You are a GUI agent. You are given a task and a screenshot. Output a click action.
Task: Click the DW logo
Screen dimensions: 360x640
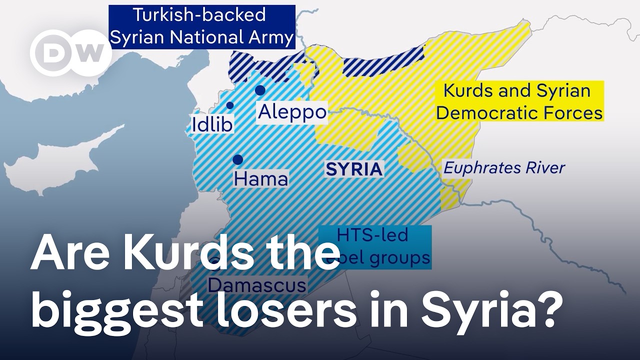pos(70,53)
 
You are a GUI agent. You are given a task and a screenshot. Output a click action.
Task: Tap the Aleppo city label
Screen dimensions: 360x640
pos(292,112)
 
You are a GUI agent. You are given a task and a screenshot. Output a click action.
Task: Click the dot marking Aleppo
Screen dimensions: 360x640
pos(260,90)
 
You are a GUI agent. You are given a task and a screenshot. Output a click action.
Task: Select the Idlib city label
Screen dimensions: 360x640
pos(212,124)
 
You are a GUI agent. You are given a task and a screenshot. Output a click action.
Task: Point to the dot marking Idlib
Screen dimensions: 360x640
pos(230,105)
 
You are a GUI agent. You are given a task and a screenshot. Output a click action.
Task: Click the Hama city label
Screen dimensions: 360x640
pos(260,178)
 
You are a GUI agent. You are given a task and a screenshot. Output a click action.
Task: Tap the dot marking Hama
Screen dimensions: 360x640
pos(238,159)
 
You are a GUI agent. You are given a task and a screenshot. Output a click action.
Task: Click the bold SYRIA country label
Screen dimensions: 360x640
pos(354,169)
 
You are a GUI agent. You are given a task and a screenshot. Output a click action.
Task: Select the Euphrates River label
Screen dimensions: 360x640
pos(504,167)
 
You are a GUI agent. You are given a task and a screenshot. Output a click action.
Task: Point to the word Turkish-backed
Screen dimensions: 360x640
pos(198,15)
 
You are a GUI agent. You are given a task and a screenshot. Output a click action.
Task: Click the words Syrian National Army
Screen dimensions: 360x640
pos(201,38)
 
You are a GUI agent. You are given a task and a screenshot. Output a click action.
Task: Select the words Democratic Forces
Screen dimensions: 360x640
pos(519,113)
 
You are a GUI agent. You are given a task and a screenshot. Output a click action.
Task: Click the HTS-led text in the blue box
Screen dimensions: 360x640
pos(372,234)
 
